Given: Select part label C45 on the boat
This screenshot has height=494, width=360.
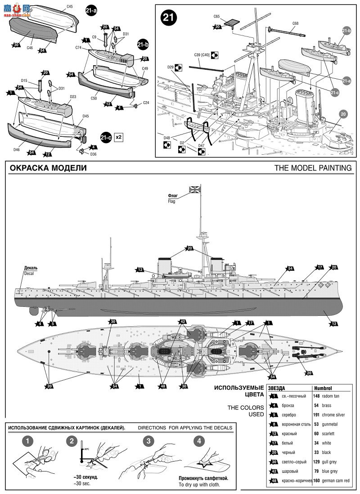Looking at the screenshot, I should click(x=69, y=7).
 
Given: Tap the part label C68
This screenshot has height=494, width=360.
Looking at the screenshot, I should click(x=295, y=23).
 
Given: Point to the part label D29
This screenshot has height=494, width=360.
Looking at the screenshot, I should click(x=171, y=67).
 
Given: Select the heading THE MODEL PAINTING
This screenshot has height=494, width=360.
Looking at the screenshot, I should click(x=313, y=168).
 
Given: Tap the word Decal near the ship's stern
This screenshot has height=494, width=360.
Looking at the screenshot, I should click(x=29, y=273).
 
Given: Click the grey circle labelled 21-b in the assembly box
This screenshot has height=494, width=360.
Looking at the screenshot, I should click(x=346, y=31).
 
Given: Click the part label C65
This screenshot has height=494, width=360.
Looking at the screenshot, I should click(x=217, y=16).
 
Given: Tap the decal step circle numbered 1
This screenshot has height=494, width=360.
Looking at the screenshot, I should click(x=27, y=441).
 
